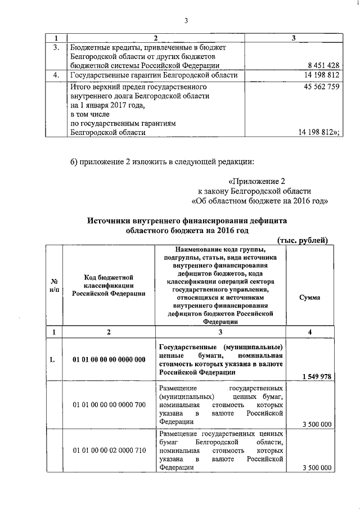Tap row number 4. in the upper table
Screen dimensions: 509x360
pos(55,75)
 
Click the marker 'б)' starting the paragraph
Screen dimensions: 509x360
pos(75,163)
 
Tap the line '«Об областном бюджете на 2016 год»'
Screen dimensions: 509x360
pos(260,201)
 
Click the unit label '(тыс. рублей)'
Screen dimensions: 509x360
pos(303,241)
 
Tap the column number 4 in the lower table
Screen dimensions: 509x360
pos(310,332)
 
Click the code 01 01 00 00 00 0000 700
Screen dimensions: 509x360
pos(109,404)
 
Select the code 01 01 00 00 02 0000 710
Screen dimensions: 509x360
pos(109,451)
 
